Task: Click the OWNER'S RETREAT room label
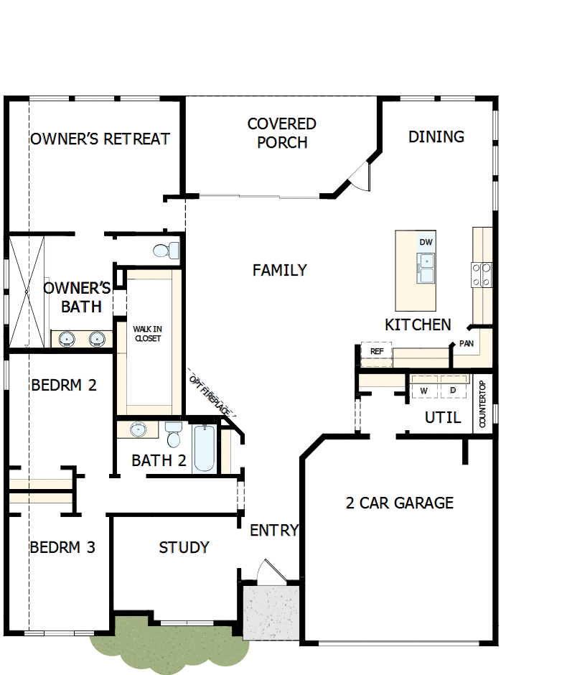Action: pyautogui.click(x=100, y=139)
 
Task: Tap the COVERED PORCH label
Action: pyautogui.click(x=282, y=133)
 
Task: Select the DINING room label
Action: pyautogui.click(x=436, y=136)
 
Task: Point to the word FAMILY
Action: pyautogui.click(x=280, y=270)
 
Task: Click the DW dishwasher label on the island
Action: pyautogui.click(x=426, y=242)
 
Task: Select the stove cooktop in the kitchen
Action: pyautogui.click(x=482, y=274)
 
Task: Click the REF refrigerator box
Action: pyautogui.click(x=377, y=351)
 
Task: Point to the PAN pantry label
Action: pyautogui.click(x=467, y=344)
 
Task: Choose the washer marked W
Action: pyautogui.click(x=424, y=390)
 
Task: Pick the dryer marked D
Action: pyautogui.click(x=453, y=390)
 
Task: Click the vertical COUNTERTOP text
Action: pyautogui.click(x=482, y=404)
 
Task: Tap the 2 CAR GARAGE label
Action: pyautogui.click(x=400, y=503)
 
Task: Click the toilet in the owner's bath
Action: pyautogui.click(x=166, y=251)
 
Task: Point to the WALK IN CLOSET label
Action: pyautogui.click(x=147, y=333)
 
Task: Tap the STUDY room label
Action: pyautogui.click(x=184, y=548)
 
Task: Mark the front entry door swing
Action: pyautogui.click(x=270, y=572)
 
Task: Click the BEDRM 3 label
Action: pyautogui.click(x=62, y=548)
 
